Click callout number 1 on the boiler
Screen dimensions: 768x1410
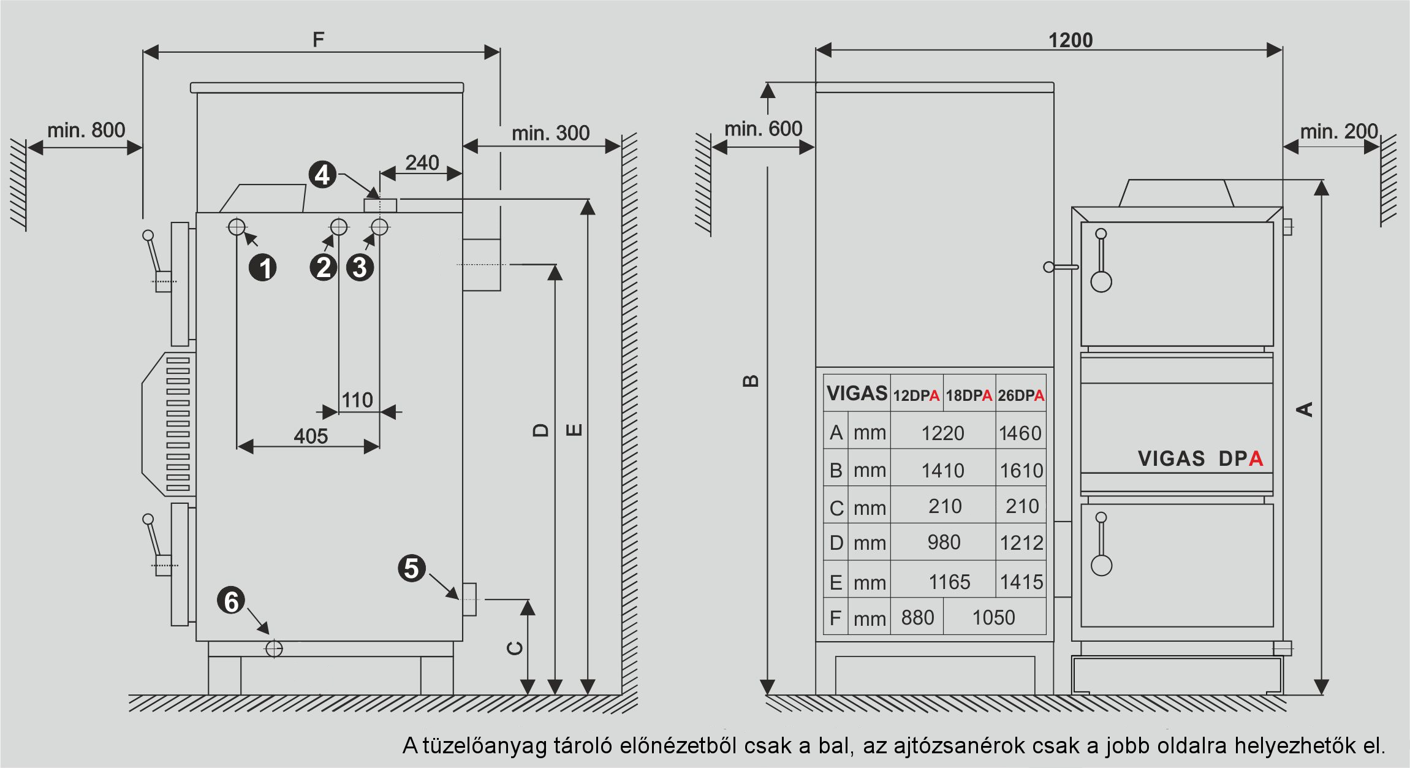pos(263,268)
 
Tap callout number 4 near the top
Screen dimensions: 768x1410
pos(322,175)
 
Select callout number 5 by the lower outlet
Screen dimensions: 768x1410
pos(412,568)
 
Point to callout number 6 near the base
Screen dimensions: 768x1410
pos(231,601)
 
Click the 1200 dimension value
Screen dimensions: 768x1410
pos(1071,40)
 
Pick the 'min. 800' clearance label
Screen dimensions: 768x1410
pos(86,130)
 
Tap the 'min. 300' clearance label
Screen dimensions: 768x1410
pos(550,133)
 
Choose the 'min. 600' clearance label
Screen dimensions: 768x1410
pos(763,129)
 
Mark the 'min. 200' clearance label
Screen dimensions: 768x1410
pos(1339,131)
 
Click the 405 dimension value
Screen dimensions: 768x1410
pos(311,436)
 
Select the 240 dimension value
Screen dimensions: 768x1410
pos(422,162)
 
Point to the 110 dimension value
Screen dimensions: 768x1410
pos(357,400)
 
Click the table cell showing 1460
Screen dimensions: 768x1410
pos(1020,433)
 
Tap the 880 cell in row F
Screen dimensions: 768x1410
pos(917,617)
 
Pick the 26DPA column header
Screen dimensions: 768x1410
pos(1021,395)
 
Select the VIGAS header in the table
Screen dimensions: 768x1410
pos(857,393)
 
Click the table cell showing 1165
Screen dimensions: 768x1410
pos(949,582)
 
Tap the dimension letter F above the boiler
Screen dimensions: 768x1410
pos(318,40)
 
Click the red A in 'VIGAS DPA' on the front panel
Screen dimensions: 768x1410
pos(1256,458)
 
